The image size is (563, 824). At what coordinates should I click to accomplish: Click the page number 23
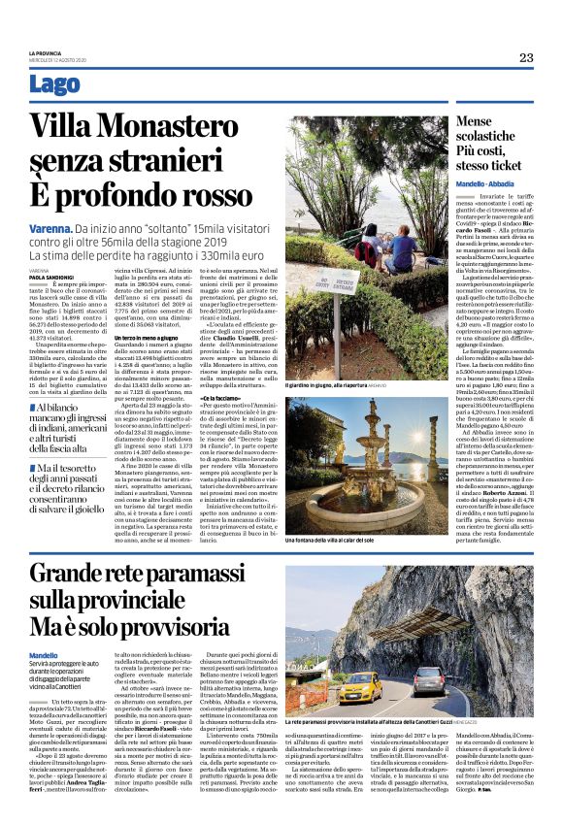tap(526, 57)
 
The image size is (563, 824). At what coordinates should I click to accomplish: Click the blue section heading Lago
tap(55, 85)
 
